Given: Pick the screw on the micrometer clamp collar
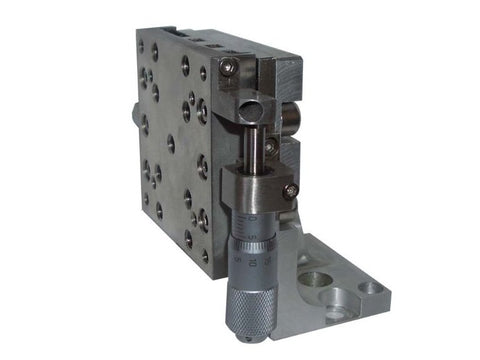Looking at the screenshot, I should (290, 189).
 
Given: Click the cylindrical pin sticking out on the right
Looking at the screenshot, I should (290, 120).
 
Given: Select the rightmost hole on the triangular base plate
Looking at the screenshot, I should (371, 288).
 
